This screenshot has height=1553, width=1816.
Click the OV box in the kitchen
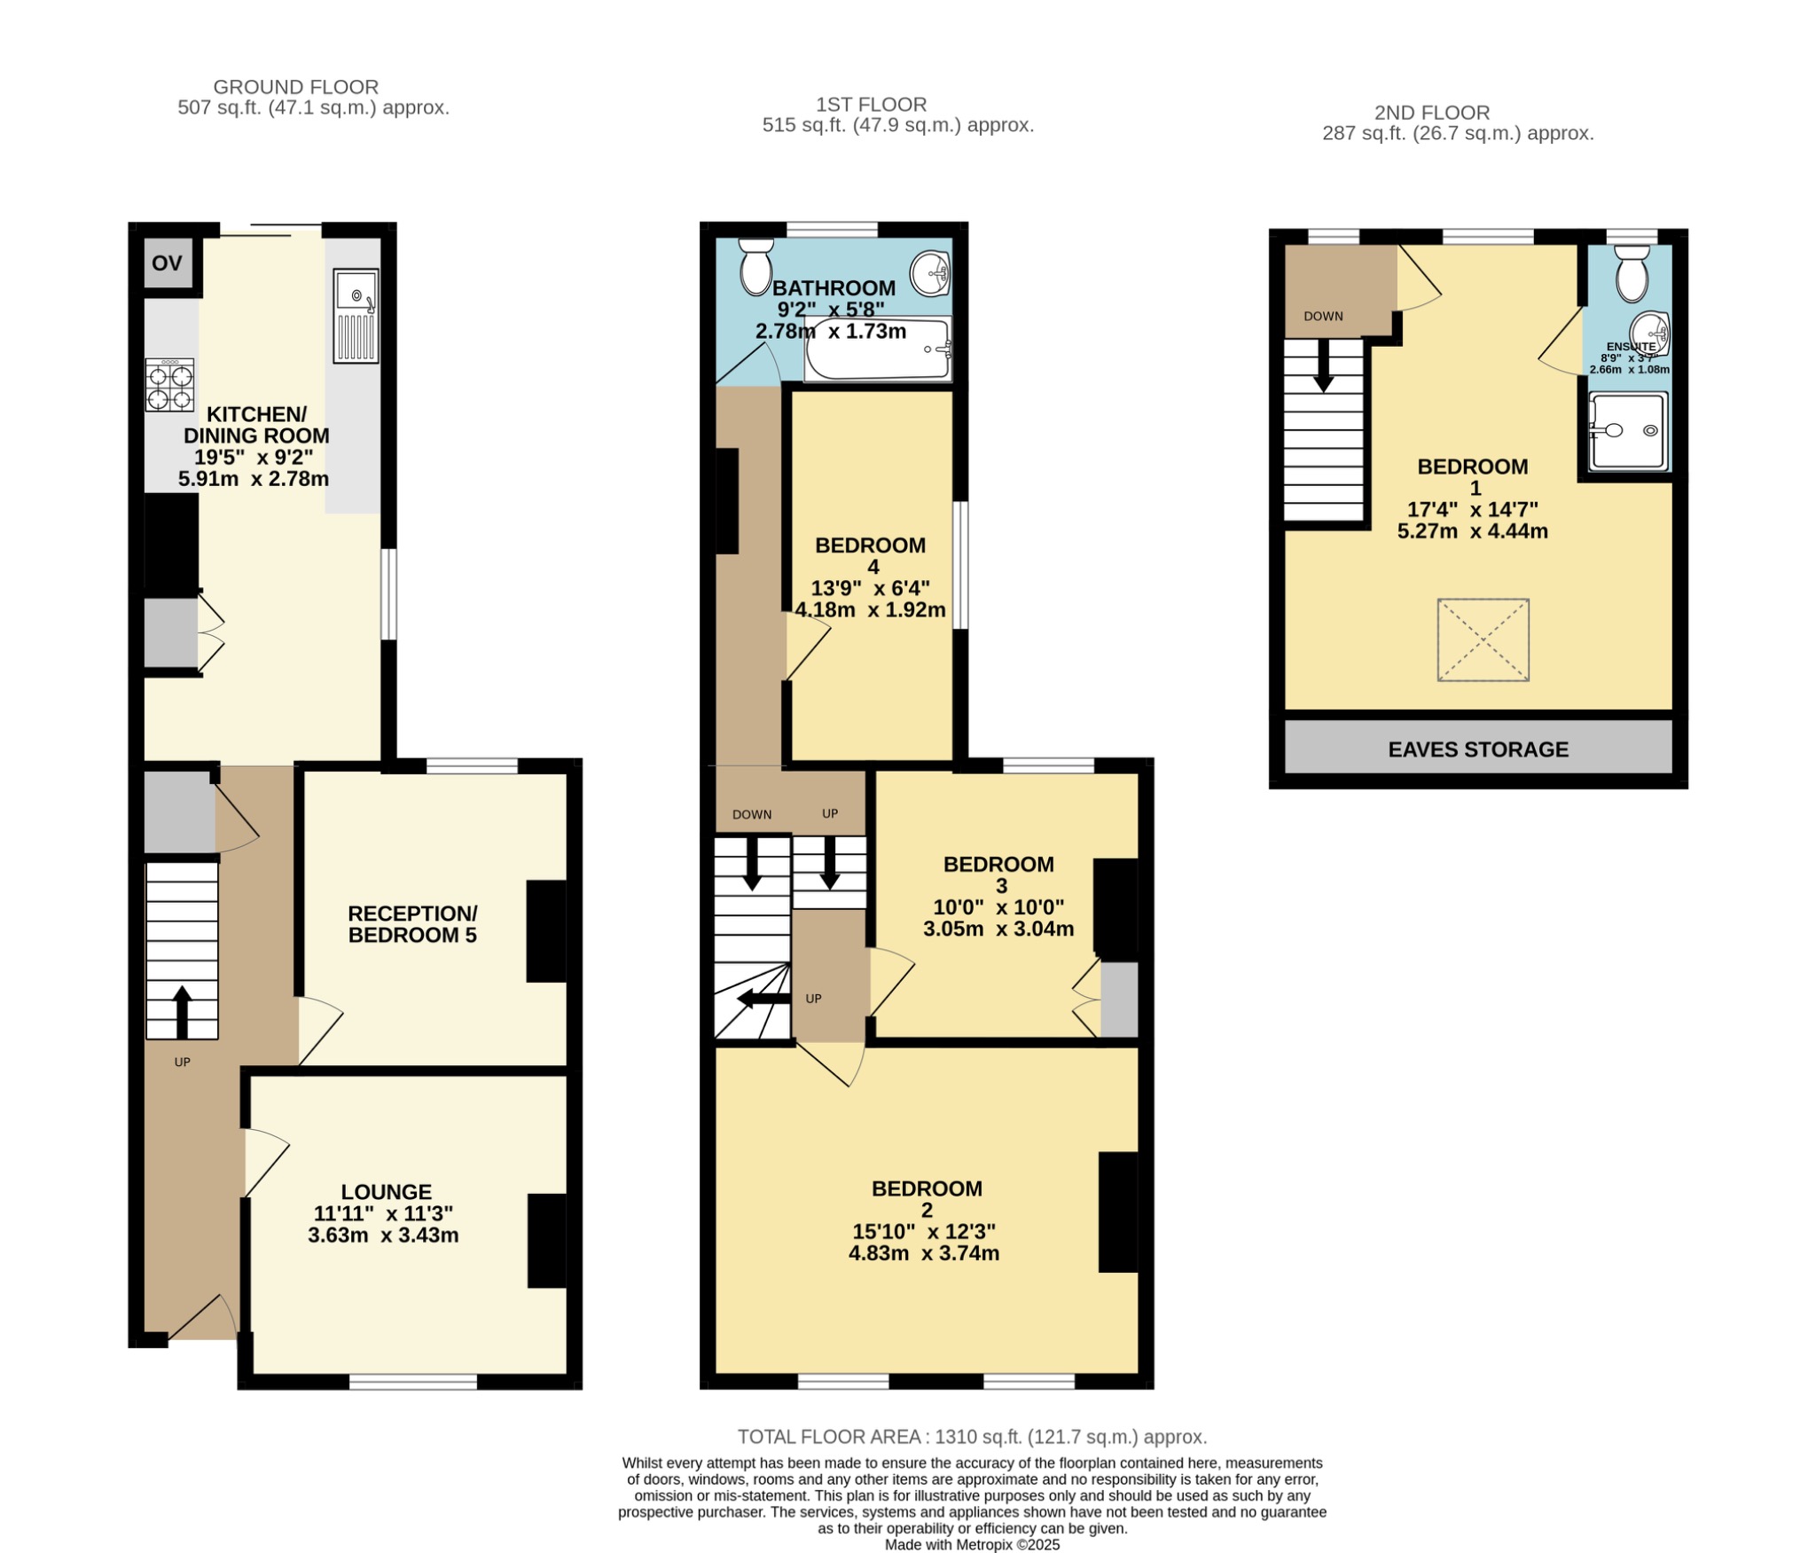(167, 263)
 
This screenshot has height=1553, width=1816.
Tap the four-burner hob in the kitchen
(169, 385)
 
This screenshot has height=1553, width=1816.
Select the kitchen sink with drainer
(356, 316)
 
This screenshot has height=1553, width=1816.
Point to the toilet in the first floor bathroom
(755, 265)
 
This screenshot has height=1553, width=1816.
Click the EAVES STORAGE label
(1477, 749)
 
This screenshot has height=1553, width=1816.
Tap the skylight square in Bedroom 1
(1483, 639)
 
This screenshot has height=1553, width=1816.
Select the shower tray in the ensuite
(1626, 431)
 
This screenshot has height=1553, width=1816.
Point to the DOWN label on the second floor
(1323, 317)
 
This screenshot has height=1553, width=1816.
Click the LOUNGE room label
(387, 1192)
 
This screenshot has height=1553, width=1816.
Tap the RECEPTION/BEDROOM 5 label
(412, 924)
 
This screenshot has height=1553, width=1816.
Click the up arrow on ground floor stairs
(182, 1011)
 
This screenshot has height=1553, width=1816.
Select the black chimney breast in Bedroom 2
(1117, 1212)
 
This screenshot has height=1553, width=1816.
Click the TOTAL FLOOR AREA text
(972, 1436)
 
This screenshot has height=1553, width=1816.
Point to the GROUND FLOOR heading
(295, 87)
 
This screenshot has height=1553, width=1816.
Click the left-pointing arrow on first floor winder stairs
(763, 1000)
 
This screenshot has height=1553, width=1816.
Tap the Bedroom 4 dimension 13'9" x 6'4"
(870, 588)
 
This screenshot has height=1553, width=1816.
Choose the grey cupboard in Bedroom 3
(1118, 1000)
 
